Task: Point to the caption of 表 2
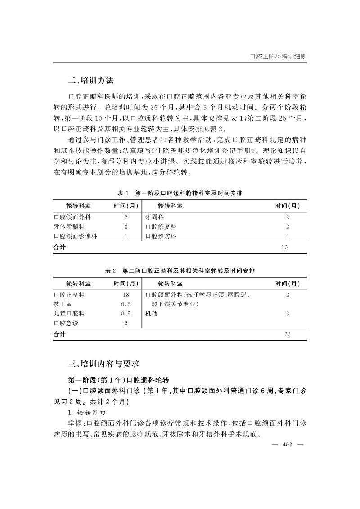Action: [180, 270]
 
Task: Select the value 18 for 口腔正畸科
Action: [126, 295]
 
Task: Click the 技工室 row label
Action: [63, 304]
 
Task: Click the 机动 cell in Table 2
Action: [151, 314]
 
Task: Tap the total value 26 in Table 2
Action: [288, 334]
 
